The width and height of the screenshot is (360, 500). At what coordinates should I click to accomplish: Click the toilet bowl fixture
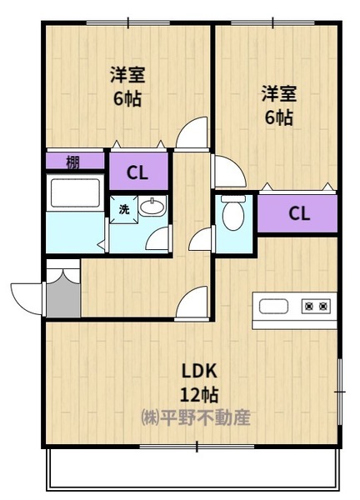pos(233,212)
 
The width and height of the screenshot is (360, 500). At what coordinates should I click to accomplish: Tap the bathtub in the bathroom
pos(75,193)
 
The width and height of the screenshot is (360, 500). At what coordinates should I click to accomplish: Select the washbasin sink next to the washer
pos(152,207)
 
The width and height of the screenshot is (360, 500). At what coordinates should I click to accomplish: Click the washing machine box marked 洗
pos(124,209)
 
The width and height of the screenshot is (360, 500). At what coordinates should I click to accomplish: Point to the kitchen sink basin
pos(273,307)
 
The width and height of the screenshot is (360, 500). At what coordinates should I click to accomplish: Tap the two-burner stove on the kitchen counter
pos(316,307)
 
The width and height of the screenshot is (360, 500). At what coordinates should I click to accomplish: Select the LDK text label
pos(199,371)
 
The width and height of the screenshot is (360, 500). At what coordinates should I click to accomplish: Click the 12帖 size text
pos(199,395)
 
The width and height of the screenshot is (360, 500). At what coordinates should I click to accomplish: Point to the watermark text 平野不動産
pos(205,417)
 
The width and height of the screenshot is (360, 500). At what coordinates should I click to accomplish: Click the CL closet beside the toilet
pos(297,213)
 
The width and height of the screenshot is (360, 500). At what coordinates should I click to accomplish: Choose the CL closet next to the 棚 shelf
pos(138,172)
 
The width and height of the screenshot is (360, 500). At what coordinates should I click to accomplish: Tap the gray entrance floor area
pos(63,299)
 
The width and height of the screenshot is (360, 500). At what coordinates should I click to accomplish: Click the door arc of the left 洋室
pos(192,133)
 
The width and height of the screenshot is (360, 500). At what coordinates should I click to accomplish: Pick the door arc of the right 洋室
pos(229,171)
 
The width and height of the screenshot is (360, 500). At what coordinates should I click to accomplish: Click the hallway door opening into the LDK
pos(192,303)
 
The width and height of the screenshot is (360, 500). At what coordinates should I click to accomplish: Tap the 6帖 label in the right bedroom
pos(279,117)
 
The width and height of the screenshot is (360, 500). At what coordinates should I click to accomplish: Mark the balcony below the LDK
pos(192,469)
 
